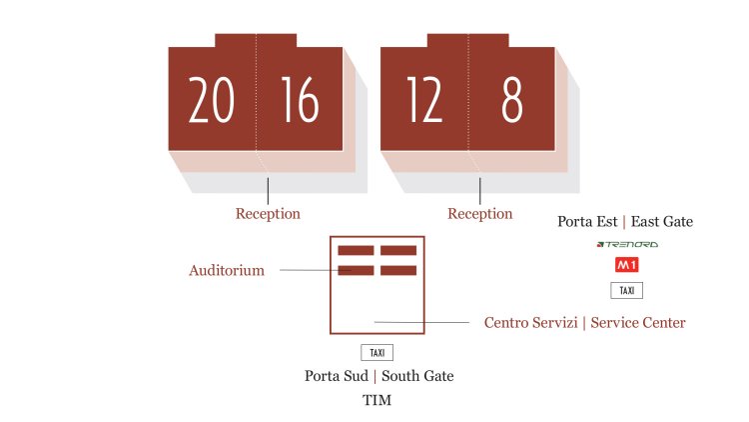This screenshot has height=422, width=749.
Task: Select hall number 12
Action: click(424, 101)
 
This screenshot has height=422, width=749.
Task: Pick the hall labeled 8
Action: click(512, 101)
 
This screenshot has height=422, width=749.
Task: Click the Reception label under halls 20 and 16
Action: click(268, 214)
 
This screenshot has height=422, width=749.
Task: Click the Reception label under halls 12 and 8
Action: click(479, 214)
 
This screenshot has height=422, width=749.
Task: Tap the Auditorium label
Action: click(227, 270)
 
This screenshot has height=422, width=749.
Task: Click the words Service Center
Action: click(638, 323)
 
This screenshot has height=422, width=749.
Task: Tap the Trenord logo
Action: click(626, 244)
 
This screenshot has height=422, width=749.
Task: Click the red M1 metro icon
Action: click(626, 266)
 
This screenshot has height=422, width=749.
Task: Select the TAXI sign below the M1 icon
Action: click(626, 291)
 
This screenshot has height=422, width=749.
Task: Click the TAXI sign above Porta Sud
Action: click(376, 353)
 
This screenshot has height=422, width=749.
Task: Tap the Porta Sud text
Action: click(336, 376)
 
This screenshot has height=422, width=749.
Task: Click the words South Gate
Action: click(417, 376)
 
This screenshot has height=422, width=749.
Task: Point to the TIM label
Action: click(376, 400)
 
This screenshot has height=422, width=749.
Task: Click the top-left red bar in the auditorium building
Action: click(356, 250)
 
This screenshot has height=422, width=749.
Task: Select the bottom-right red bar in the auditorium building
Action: click(397, 270)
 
